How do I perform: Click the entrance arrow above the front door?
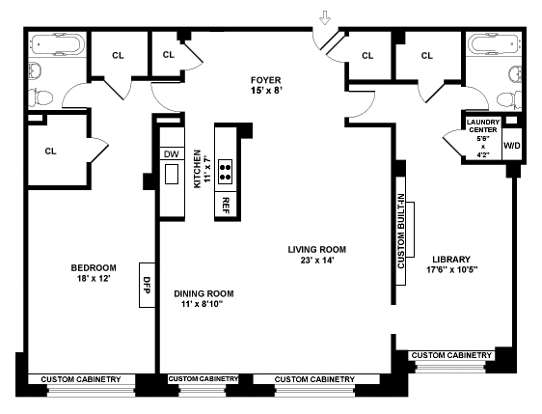click(325, 17)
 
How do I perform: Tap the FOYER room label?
click(266, 80)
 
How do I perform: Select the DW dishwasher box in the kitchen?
click(172, 153)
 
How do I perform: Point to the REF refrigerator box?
click(226, 206)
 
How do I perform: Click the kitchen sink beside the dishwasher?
click(172, 174)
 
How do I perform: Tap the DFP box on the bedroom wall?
click(147, 285)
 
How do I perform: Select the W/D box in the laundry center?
click(511, 146)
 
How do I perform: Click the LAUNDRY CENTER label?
click(483, 125)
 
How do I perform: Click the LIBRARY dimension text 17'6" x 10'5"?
click(451, 269)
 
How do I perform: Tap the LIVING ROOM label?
click(317, 249)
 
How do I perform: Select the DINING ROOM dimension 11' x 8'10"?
click(202, 304)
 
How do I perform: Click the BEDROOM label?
click(94, 267)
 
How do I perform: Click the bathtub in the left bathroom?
click(57, 44)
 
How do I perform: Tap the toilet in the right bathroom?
click(509, 100)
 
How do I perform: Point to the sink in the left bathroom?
click(34, 69)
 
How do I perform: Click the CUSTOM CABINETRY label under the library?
click(451, 355)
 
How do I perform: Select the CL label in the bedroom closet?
click(50, 152)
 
